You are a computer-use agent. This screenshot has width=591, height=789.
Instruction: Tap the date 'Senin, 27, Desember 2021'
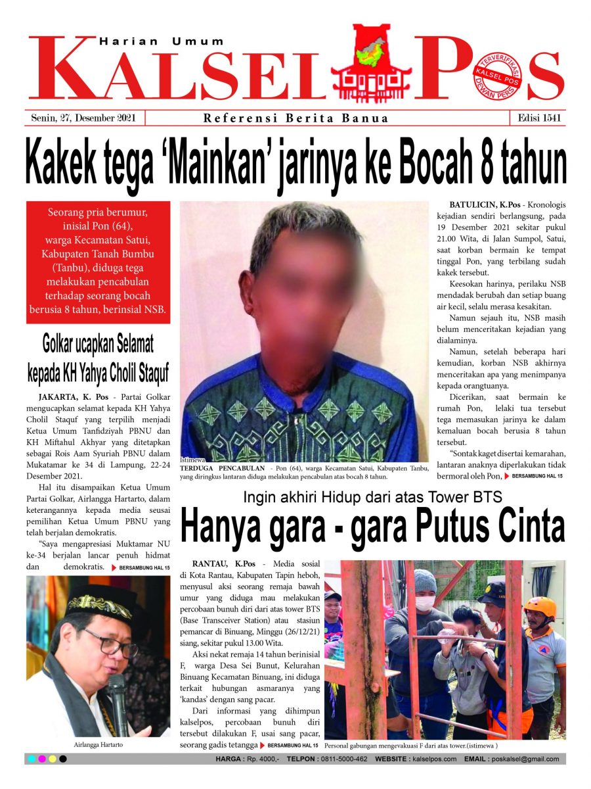[x=83, y=118]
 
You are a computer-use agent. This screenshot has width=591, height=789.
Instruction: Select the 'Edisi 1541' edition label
[x=536, y=118]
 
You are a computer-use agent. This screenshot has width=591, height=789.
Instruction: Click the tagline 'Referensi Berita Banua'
[x=295, y=119]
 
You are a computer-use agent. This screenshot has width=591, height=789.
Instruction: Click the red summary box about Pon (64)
[x=98, y=262]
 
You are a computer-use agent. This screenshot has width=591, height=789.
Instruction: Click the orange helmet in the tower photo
[x=540, y=606]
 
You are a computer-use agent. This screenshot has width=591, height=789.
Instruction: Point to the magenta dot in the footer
[x=41, y=759]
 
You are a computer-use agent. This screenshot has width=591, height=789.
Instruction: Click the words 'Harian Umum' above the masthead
[x=162, y=41]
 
